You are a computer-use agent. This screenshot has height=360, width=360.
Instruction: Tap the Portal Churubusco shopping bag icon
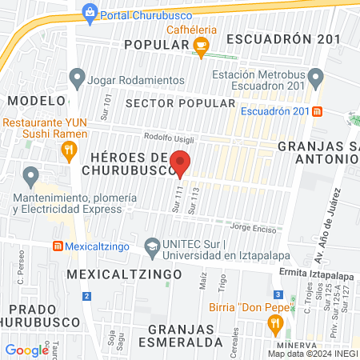click(90, 11)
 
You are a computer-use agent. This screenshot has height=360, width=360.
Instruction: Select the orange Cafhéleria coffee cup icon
click(202, 47)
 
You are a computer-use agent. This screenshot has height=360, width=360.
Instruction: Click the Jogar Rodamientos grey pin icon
click(78, 79)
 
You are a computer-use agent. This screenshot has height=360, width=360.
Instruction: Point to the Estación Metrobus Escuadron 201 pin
click(315, 79)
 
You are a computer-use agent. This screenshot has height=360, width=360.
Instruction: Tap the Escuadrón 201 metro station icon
click(318, 111)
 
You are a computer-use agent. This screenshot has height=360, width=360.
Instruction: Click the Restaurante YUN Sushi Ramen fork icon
click(70, 150)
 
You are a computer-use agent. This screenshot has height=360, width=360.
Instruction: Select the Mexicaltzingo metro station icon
click(58, 246)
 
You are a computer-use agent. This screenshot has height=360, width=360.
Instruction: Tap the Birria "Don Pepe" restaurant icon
click(275, 323)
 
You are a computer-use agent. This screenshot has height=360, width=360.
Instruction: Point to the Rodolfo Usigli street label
click(169, 138)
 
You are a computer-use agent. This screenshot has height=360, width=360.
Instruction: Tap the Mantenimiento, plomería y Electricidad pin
click(30, 174)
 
